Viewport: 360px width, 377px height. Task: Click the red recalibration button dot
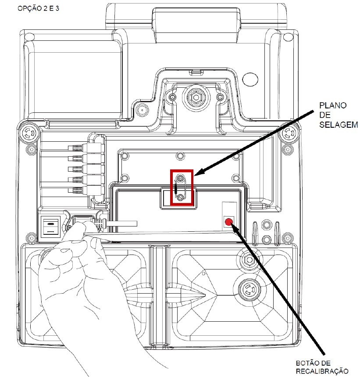point(228,222)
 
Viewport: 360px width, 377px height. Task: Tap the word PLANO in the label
point(333,105)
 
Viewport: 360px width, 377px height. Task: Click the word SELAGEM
point(339,125)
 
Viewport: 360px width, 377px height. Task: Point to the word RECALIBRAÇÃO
point(322,371)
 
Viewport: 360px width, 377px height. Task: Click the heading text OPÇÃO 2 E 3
point(39,8)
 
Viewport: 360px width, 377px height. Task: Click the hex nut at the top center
point(196,97)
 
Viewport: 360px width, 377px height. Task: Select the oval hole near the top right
point(250,79)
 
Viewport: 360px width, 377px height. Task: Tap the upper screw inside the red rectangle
point(180,178)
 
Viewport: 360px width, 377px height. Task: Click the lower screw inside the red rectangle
point(180,197)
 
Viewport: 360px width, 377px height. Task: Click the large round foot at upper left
point(29,133)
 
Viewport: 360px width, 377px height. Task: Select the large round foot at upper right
point(289,133)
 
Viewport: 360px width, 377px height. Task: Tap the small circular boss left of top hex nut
point(142,110)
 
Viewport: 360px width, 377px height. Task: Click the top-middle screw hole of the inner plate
point(180,156)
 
